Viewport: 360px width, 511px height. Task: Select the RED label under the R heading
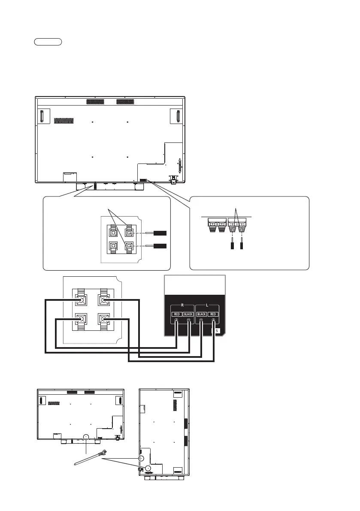click(x=176, y=314)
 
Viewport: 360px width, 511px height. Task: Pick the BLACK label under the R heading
click(x=189, y=314)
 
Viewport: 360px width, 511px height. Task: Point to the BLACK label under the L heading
click(x=201, y=314)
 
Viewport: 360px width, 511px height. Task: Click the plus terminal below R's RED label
click(x=176, y=320)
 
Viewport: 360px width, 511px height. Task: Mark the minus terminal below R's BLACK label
click(x=189, y=320)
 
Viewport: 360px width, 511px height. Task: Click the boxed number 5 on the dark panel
click(x=217, y=331)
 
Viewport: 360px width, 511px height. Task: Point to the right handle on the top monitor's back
click(x=176, y=116)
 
